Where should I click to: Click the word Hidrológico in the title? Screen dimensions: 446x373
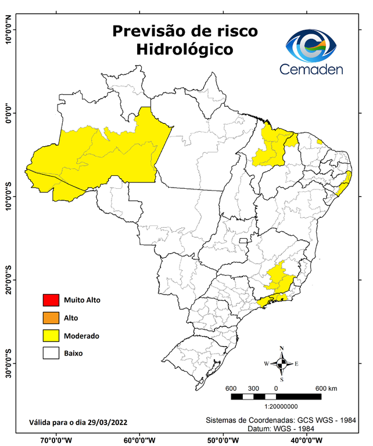point(185,50)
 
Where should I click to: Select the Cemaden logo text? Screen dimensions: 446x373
point(311,70)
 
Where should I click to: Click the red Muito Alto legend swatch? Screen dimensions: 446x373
point(51,300)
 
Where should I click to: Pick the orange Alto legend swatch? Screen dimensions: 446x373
point(51,318)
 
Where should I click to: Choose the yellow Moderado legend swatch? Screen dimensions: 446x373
point(51,335)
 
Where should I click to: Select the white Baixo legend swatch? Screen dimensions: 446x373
point(51,353)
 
